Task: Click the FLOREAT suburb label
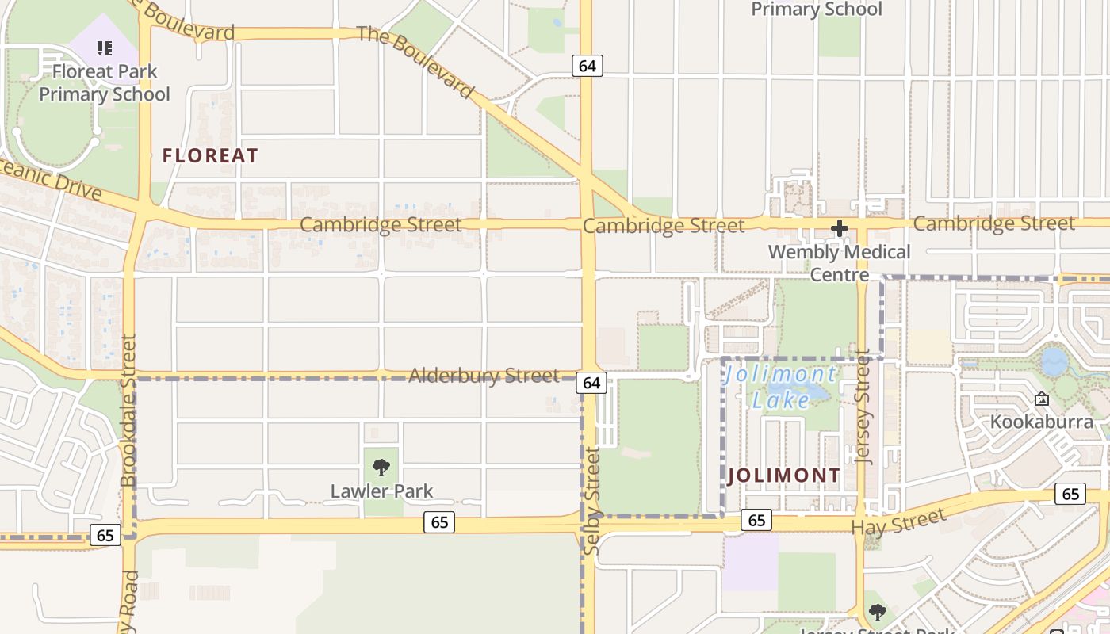210,156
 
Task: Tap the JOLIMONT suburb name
783,476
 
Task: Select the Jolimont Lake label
780,387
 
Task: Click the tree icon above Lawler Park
381,467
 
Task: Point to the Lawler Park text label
381,491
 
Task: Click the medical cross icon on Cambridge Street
839,229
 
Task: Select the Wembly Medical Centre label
840,263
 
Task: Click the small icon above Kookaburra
1041,399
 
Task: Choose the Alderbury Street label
484,376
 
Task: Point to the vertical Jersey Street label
863,406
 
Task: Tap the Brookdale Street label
128,411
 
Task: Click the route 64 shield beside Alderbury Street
591,384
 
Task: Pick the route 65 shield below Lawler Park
438,522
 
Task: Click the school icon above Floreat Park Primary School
105,48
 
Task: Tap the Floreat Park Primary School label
105,83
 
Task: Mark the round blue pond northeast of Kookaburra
1054,362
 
